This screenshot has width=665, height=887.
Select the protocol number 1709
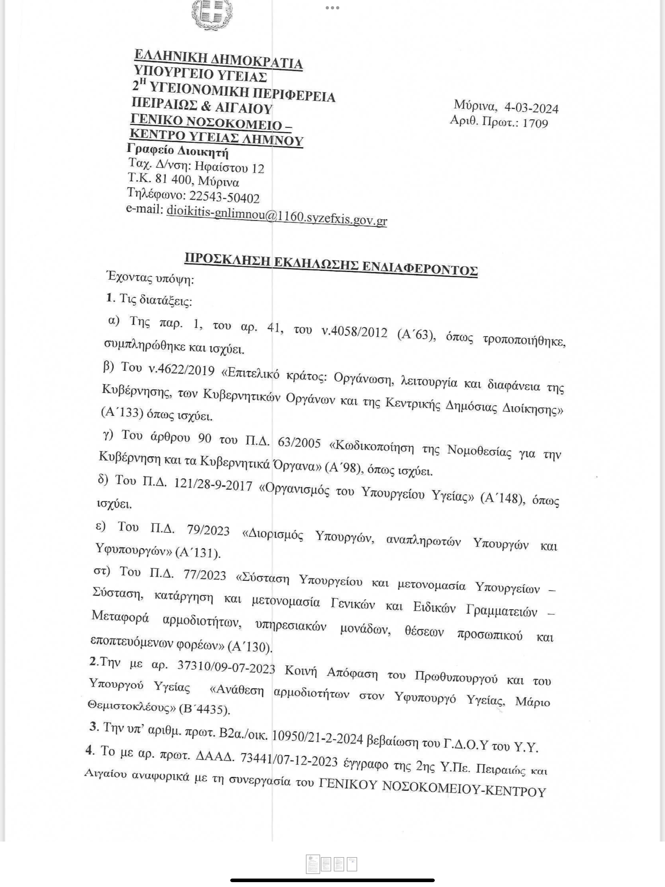[535, 123]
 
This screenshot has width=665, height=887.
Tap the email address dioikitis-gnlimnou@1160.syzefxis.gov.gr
[276, 216]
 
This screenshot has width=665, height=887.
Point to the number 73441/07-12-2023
[288, 759]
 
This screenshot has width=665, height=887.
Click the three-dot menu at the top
[332, 7]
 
